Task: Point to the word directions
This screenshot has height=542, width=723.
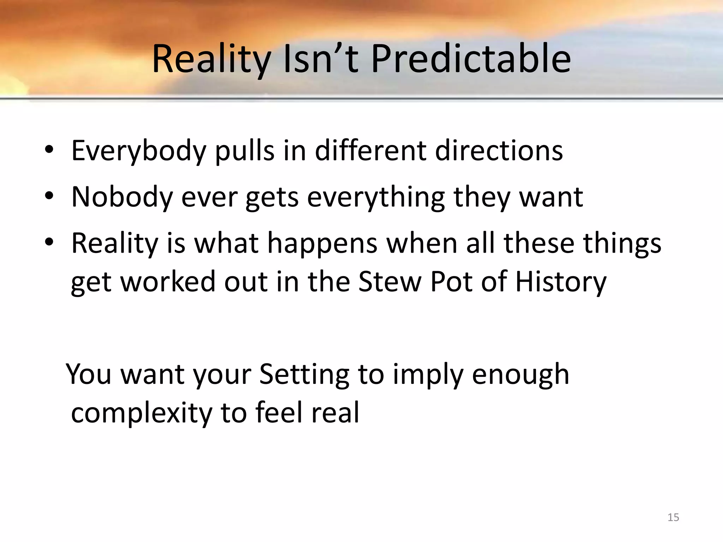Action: coord(499,151)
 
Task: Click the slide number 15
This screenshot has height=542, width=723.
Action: coord(673,517)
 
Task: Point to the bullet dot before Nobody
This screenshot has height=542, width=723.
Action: coord(49,197)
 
